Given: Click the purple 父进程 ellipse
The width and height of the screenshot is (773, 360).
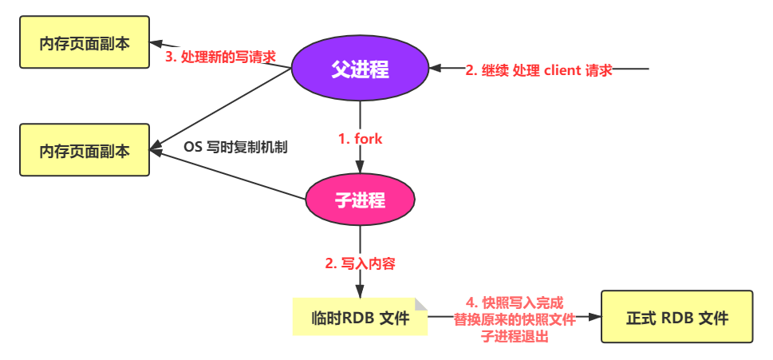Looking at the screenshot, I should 360,69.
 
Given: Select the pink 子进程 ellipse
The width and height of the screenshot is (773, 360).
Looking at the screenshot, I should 360,200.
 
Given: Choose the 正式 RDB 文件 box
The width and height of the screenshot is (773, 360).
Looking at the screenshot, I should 676,318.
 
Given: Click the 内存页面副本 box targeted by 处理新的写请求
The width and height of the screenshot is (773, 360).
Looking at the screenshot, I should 85,43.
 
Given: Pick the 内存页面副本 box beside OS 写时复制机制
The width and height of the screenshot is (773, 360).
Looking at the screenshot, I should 85,149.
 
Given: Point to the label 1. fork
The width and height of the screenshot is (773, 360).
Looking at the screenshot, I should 361,138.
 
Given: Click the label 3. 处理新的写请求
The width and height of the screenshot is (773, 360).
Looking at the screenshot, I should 221,56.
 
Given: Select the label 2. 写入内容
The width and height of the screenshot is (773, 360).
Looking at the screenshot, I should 361,262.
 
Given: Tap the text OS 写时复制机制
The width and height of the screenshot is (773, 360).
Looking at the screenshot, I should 235,148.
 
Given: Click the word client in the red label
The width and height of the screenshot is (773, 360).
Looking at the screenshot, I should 562,69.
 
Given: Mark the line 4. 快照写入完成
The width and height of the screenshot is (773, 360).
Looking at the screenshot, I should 515,303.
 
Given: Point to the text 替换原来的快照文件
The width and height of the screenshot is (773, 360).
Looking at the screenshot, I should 515,319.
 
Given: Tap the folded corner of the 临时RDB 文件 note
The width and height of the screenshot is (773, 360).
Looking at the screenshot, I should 420,304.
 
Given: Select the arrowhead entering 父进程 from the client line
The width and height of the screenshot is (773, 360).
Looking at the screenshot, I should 434,69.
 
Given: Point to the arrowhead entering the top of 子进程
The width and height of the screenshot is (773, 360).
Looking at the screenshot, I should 360,168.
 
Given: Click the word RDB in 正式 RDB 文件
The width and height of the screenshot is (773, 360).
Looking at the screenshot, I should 677,318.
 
